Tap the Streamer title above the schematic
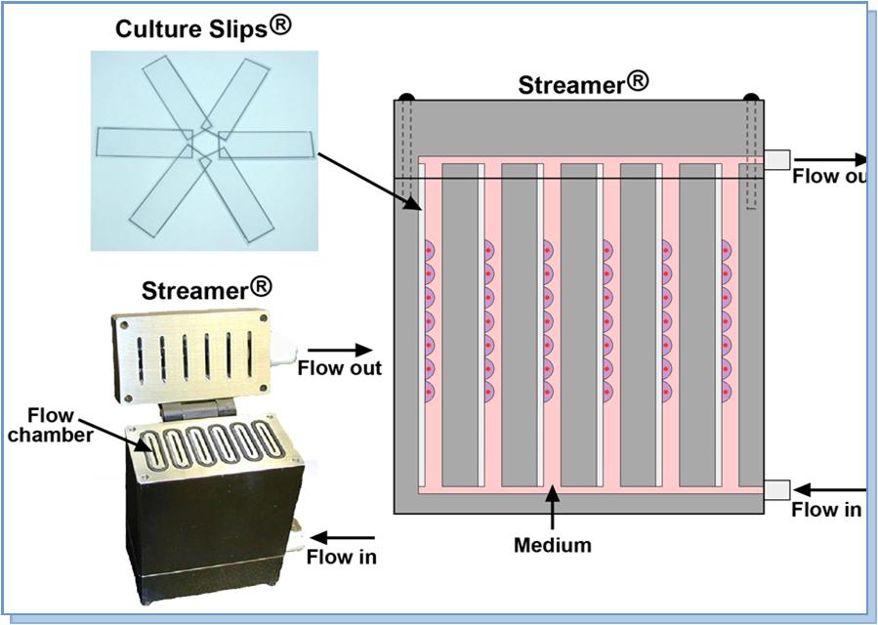point(582,84)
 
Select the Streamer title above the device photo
point(206,290)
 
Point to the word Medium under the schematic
point(553,545)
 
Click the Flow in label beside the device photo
point(341,558)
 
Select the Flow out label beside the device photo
point(339,368)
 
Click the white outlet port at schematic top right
point(777,159)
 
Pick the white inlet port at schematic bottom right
point(777,489)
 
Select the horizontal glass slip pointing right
point(266,145)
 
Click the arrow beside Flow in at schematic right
point(830,489)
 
